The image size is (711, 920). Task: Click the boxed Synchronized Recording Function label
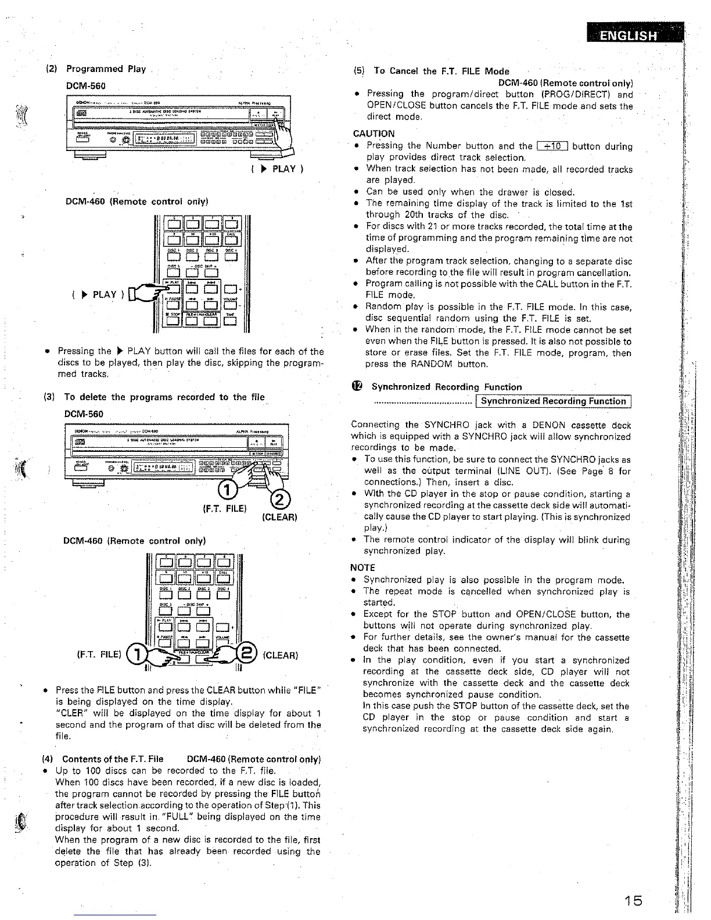pyautogui.click(x=554, y=401)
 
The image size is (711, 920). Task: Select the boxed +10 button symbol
pyautogui.click(x=552, y=146)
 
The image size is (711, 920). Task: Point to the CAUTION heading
pyautogui.click(x=374, y=134)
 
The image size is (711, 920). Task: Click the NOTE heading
pyautogui.click(x=363, y=567)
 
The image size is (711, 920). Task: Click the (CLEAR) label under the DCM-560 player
pyautogui.click(x=280, y=517)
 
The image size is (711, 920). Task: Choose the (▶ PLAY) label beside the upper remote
pyautogui.click(x=98, y=294)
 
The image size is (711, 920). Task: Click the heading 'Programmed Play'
pyautogui.click(x=106, y=69)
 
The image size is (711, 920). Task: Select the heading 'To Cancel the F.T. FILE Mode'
pyautogui.click(x=441, y=71)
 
